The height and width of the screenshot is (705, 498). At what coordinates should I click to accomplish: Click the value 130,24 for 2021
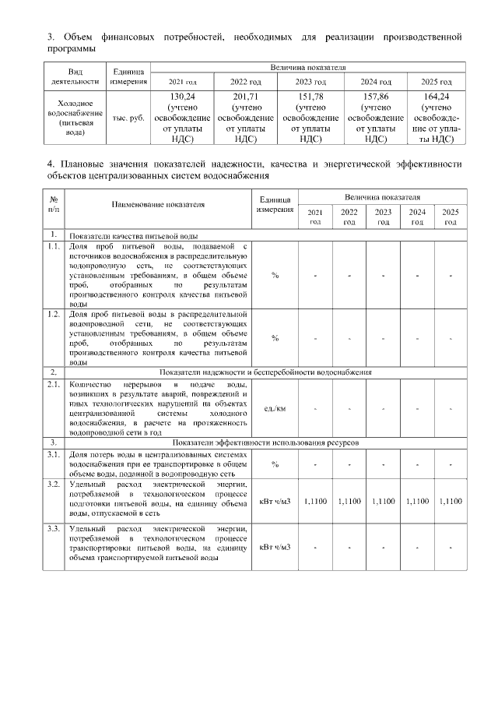tap(181, 96)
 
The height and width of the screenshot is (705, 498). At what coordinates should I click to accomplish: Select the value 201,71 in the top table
tap(246, 96)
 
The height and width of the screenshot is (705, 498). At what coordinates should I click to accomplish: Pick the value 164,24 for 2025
tap(436, 96)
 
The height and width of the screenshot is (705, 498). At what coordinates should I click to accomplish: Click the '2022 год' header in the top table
tap(246, 82)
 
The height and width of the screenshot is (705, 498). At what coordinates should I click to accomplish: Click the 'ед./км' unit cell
tap(275, 408)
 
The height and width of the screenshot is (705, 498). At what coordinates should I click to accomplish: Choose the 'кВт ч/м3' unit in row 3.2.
tap(275, 501)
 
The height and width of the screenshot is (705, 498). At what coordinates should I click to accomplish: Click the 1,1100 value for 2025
tap(451, 501)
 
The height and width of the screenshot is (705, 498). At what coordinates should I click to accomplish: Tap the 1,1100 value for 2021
tap(314, 501)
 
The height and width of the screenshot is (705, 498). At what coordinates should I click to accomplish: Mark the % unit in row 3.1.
tap(275, 464)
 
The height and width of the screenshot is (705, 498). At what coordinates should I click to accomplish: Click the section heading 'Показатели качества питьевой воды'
tap(133, 235)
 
